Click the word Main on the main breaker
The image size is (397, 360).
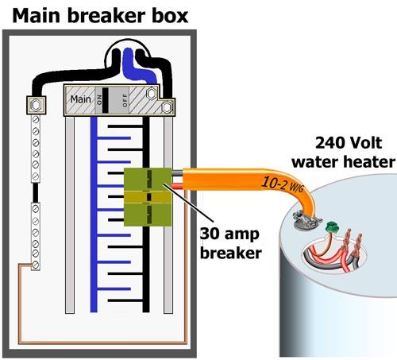tap(80, 99)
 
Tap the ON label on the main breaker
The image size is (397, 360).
tap(99, 100)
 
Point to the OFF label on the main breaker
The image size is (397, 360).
tap(125, 100)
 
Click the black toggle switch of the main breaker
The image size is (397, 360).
tap(106, 100)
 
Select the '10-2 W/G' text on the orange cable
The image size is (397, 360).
tap(282, 184)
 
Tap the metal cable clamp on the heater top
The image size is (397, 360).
tap(307, 219)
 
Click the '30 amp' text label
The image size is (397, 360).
tap(229, 234)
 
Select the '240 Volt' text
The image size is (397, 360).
tap(349, 143)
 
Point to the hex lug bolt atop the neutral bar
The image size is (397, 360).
tap(36, 105)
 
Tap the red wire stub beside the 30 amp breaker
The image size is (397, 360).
tap(177, 185)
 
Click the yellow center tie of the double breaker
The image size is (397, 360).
tap(148, 197)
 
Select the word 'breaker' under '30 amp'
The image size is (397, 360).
tap(231, 253)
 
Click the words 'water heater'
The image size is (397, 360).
tap(344, 162)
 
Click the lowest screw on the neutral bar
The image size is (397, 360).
tap(36, 265)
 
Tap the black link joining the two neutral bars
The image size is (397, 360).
tap(35, 192)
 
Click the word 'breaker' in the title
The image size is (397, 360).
tap(105, 16)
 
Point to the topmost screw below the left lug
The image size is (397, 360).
tap(36, 120)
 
